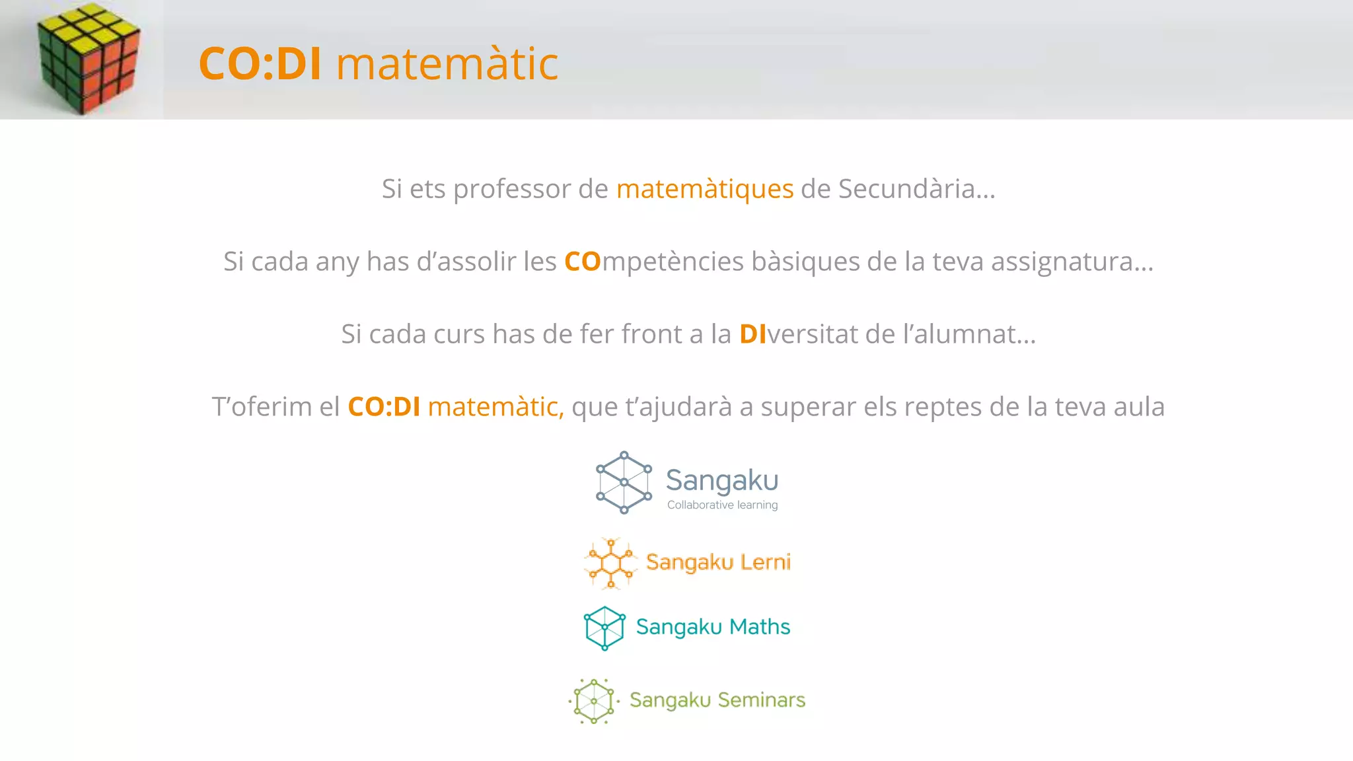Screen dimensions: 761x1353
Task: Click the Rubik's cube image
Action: [89, 58]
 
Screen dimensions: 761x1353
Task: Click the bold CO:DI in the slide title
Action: [260, 64]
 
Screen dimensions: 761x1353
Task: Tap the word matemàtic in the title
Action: [447, 64]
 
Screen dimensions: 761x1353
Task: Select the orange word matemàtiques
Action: [704, 190]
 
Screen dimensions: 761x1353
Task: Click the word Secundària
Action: [916, 189]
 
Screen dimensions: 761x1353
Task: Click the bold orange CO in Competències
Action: [582, 262]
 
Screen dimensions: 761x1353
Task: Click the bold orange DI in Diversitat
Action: [752, 334]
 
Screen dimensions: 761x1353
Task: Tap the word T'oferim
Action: [262, 407]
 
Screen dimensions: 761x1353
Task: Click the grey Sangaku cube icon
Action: [624, 483]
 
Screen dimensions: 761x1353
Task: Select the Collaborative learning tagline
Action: [722, 505]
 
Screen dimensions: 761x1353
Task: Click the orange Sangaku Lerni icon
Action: [611, 563]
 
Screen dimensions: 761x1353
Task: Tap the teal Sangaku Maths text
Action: [713, 627]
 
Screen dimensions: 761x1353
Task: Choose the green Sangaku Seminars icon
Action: [593, 701]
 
